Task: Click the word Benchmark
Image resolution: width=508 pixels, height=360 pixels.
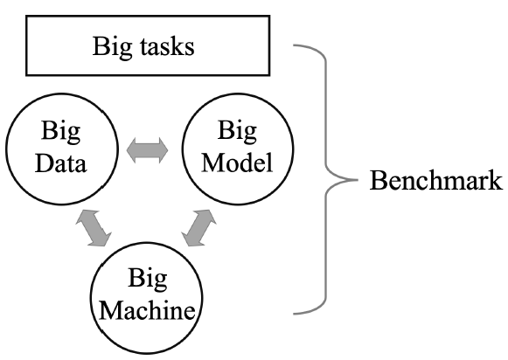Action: click(x=436, y=180)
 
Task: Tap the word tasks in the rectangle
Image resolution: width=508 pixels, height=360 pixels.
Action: click(x=168, y=46)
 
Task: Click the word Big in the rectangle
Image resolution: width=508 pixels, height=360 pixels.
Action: click(x=112, y=47)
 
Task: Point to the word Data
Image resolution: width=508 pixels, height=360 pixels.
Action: click(x=60, y=163)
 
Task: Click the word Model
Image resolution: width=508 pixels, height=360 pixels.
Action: click(x=237, y=162)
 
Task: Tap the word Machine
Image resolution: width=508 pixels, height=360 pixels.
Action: click(x=147, y=310)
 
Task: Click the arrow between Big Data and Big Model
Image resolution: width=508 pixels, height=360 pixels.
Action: click(x=148, y=150)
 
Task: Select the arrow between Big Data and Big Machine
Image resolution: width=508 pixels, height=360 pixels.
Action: click(x=94, y=228)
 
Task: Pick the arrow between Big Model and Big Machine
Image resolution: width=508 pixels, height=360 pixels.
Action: click(x=199, y=228)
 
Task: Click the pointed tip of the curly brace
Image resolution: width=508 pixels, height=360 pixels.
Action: click(x=358, y=180)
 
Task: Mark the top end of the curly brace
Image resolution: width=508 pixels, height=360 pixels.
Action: click(x=294, y=45)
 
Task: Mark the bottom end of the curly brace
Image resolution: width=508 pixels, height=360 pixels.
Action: click(x=294, y=314)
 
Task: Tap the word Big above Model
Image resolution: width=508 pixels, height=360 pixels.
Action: click(x=237, y=131)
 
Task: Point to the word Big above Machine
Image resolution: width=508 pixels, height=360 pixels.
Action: click(x=148, y=279)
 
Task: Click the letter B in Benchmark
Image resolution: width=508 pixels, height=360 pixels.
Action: click(x=377, y=180)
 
